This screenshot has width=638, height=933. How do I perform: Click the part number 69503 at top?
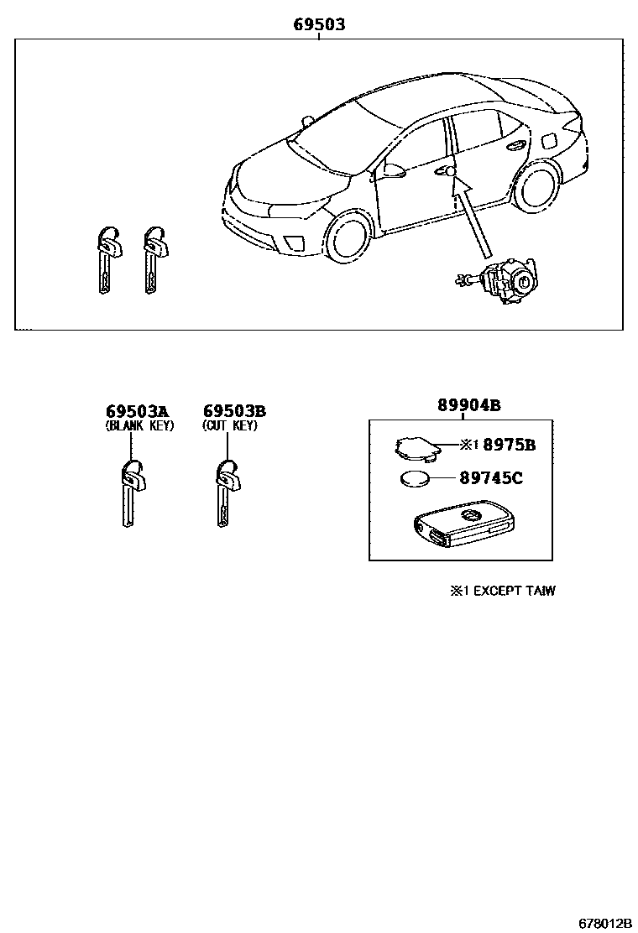pos(319,24)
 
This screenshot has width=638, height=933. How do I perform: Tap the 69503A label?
pos(138,411)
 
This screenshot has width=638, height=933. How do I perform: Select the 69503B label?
pos(234,411)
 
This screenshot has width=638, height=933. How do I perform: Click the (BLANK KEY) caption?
pos(139,426)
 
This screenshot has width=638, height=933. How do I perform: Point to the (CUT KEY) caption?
pos(230,426)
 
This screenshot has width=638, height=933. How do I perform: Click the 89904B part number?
pos(469,405)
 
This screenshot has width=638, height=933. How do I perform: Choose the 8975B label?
pos(509,445)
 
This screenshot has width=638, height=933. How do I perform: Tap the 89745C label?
pos(491,477)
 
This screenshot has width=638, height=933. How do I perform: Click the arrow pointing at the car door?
pos(471,216)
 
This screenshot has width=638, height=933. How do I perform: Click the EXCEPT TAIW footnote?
pos(502,591)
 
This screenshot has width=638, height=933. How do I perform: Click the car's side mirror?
pos(394,171)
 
